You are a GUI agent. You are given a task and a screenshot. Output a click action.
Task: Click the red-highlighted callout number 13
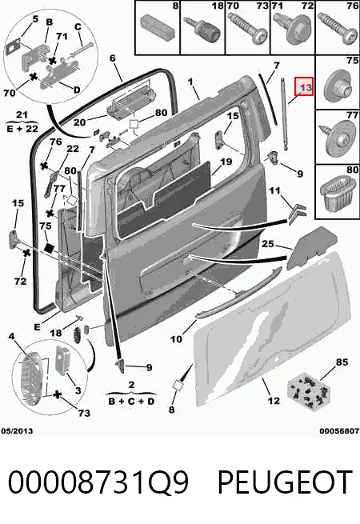point(305,87)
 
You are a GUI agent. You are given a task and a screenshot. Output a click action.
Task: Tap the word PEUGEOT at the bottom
point(286,482)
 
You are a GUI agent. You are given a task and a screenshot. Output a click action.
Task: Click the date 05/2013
point(17,430)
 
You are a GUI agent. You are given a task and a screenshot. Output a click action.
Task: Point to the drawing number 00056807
point(339,430)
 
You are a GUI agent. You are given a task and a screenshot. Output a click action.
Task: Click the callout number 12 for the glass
point(274,400)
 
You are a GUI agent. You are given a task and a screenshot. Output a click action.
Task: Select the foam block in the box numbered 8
point(158,26)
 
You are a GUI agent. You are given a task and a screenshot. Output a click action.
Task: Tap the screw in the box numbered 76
point(338,28)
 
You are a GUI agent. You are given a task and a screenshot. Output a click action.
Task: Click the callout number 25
point(268,244)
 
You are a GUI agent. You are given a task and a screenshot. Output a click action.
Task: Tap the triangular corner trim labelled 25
point(311,248)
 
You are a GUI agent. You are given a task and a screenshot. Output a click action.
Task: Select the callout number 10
point(176,339)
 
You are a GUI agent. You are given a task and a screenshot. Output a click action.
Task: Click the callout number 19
point(226,162)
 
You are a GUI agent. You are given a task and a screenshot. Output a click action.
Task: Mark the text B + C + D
point(131,401)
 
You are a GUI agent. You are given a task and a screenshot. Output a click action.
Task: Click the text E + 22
point(22,128)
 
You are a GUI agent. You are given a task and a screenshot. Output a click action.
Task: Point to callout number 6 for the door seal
point(112,58)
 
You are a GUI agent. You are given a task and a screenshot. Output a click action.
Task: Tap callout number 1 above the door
point(190,82)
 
